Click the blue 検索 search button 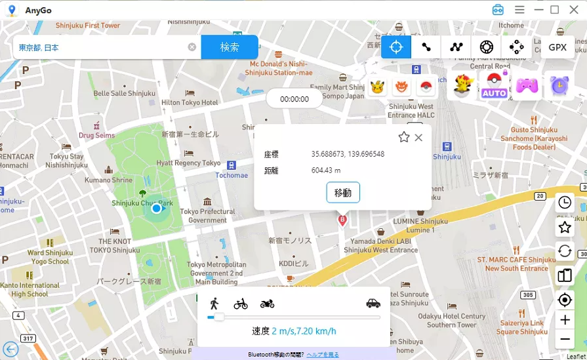(x=229, y=47)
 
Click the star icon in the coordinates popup (x=404, y=137)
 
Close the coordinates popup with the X (x=418, y=137)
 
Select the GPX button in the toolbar (x=557, y=47)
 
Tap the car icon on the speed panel (x=373, y=303)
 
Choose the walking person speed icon (x=214, y=304)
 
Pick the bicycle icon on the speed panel (x=241, y=304)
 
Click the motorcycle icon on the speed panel (x=267, y=304)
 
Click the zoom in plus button (x=564, y=320)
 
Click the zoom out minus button (x=564, y=339)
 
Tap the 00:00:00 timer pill (x=294, y=99)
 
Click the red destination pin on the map (x=342, y=220)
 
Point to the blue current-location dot (x=156, y=209)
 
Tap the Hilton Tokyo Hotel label (x=190, y=103)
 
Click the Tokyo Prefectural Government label (x=207, y=216)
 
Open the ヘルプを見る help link (x=323, y=355)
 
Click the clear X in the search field (x=192, y=47)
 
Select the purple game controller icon (x=527, y=85)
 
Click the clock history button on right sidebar (x=564, y=203)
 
